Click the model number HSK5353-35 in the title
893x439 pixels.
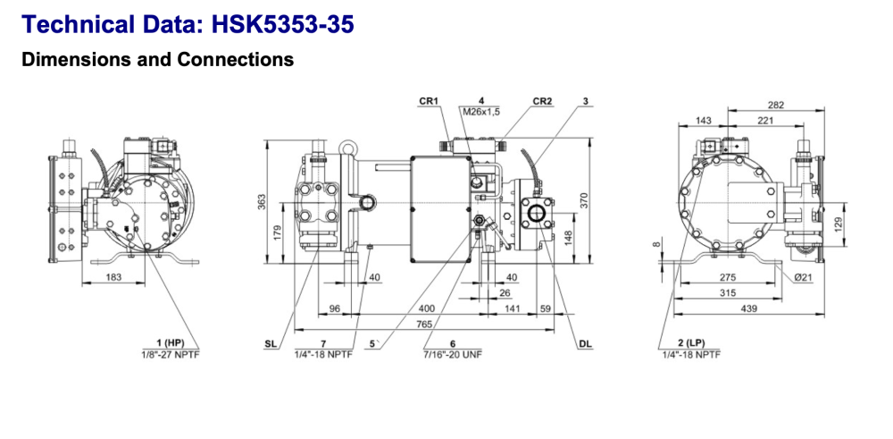(283, 24)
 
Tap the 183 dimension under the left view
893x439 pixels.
(113, 278)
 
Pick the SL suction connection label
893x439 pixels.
(271, 343)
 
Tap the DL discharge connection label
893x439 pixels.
(585, 343)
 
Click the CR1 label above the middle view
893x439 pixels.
(429, 101)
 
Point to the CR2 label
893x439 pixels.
(542, 101)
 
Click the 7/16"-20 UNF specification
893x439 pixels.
(453, 354)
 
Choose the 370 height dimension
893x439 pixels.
(585, 201)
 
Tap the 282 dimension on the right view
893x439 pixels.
(775, 106)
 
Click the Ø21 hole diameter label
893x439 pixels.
(803, 278)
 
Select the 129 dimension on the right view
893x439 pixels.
(837, 224)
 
